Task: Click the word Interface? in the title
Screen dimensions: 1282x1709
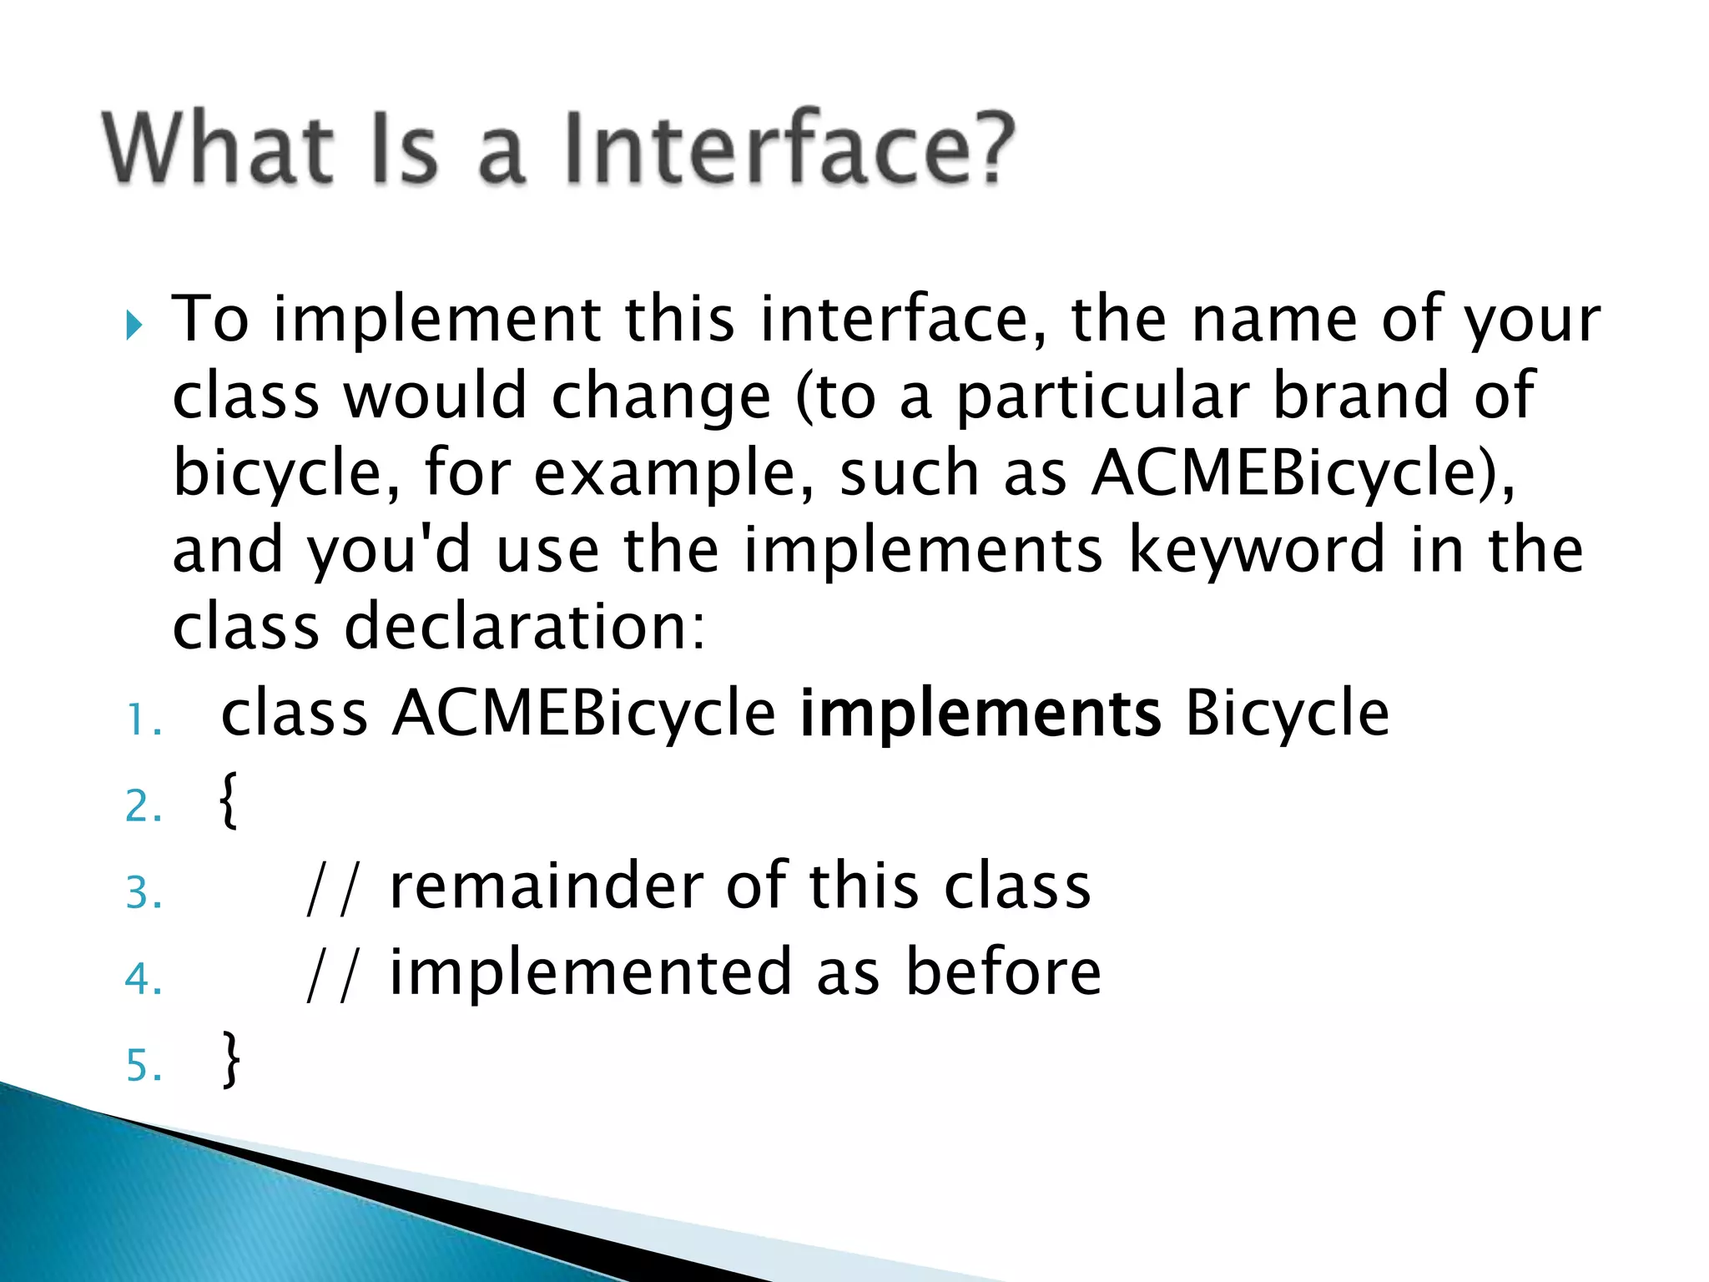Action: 789,149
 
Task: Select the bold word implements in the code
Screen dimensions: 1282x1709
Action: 980,715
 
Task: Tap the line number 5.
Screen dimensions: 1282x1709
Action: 144,1066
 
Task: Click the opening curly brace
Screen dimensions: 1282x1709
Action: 229,800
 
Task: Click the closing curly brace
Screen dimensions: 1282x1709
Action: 230,1059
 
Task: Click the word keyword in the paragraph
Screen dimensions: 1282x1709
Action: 1257,551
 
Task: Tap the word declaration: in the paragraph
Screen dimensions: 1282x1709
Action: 525,628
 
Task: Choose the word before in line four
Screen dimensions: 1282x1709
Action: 1003,973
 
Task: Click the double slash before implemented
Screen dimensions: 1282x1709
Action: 331,975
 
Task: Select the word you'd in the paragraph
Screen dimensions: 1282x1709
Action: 389,551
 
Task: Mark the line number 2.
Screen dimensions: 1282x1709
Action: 144,806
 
